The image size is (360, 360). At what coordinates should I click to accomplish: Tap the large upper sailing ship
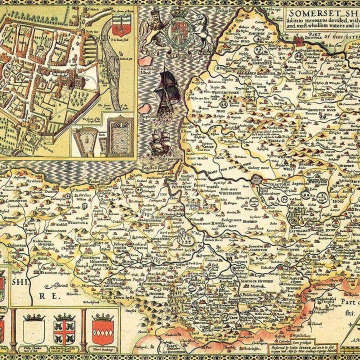(168, 90)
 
